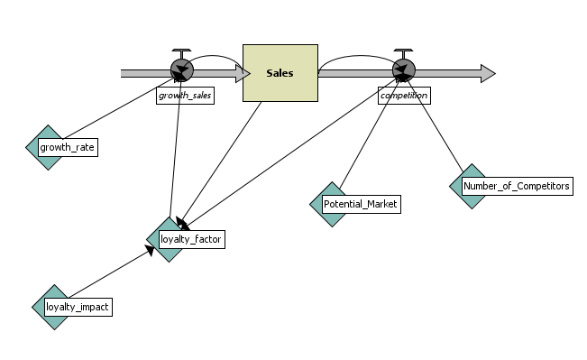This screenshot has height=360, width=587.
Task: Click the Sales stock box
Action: (280, 72)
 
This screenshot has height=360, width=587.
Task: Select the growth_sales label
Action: (185, 95)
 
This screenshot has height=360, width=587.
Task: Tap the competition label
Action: (403, 95)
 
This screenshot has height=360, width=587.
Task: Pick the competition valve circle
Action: (403, 70)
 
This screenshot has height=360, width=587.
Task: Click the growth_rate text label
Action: (68, 147)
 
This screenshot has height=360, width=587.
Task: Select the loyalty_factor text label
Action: (190, 239)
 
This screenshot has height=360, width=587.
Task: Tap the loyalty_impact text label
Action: (78, 308)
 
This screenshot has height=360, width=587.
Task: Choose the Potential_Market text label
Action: (361, 204)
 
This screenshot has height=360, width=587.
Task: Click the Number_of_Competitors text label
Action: (516, 187)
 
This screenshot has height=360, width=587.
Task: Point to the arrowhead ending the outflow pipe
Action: (487, 72)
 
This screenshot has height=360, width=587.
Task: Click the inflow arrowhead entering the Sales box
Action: (242, 73)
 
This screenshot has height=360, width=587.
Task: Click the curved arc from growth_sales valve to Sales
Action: (216, 57)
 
